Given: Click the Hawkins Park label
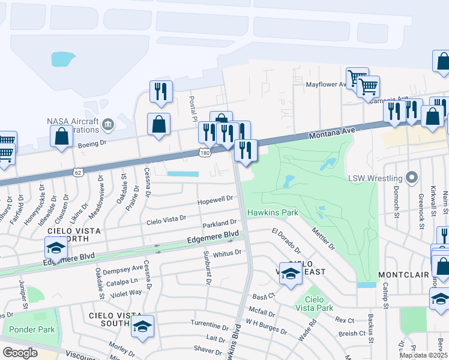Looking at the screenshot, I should coord(273,212).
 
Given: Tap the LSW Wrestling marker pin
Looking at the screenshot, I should coord(411,178).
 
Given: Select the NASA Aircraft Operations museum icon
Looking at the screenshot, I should coord(107,124).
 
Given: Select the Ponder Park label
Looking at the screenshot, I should coord(32,329).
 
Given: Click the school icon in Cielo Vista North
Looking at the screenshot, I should coord(55,247).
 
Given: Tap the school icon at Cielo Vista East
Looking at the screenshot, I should coord(291,273).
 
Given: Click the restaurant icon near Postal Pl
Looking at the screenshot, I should coord(161,91).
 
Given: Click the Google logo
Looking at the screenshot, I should coord(20,353).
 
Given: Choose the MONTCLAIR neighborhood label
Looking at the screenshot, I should coord(402,275).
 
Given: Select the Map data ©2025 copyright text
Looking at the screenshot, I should coord(424,355).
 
